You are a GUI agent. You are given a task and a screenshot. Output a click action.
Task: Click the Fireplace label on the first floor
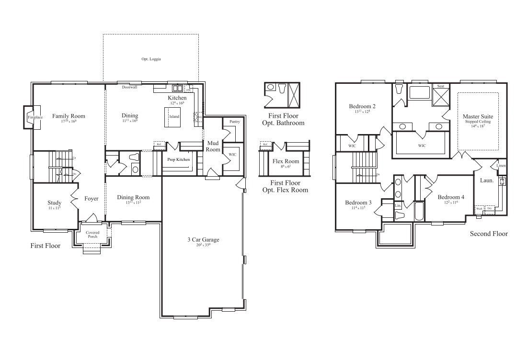tap(35, 117)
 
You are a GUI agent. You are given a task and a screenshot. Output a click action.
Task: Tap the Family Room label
tap(69, 116)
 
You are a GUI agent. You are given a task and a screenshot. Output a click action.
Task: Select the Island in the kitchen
tap(174, 116)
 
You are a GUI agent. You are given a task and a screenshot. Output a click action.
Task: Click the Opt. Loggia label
tap(151, 59)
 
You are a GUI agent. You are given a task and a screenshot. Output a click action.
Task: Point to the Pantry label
tap(234, 122)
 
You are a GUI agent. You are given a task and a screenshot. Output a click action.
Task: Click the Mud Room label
tap(213, 146)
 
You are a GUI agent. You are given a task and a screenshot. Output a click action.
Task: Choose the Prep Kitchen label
tap(179, 159)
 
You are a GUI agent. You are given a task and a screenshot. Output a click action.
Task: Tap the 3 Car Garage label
tap(203, 240)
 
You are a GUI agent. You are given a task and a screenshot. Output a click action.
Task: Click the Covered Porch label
tap(92, 235)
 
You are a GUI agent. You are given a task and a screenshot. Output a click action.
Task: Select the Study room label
tap(54, 202)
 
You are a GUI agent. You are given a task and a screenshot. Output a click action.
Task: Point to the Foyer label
tap(91, 198)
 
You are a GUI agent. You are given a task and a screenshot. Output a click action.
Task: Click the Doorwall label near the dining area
tap(129, 88)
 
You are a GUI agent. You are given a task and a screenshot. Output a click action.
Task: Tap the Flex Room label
tap(286, 161)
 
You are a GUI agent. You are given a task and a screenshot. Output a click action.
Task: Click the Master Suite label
tap(478, 116)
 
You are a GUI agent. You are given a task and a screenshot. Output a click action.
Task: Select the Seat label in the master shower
tap(440, 86)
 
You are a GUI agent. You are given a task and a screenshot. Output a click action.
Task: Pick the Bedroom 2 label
tap(362, 106)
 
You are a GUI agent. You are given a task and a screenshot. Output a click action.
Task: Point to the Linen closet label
tap(501, 166)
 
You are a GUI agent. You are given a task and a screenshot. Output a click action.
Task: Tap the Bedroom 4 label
tap(451, 197)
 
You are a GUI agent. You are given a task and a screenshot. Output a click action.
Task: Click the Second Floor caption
tap(488, 234)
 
